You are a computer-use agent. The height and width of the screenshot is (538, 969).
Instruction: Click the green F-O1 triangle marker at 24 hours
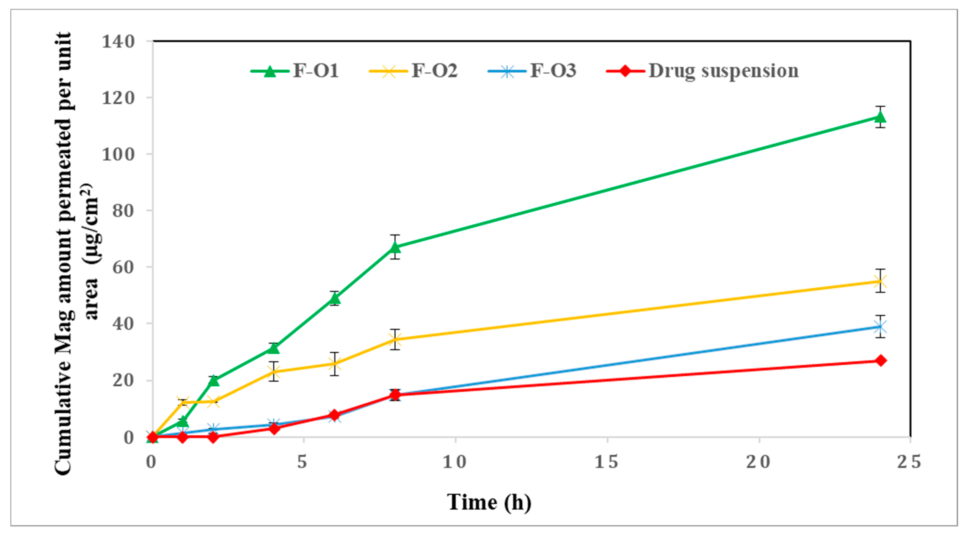click(x=880, y=117)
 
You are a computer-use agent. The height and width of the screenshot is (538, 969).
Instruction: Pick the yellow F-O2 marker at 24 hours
click(x=880, y=281)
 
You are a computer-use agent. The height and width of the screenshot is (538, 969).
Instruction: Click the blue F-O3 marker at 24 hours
click(x=880, y=327)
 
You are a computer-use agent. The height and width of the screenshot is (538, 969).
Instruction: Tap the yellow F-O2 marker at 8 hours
click(x=395, y=339)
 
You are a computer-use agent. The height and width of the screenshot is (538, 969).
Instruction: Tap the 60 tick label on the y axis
click(x=123, y=267)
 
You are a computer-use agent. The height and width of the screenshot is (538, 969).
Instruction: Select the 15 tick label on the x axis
click(x=606, y=462)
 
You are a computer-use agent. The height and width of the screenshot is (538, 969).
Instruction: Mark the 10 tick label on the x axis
click(x=455, y=462)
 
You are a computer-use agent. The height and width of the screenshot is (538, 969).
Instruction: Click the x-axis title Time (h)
click(x=489, y=502)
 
